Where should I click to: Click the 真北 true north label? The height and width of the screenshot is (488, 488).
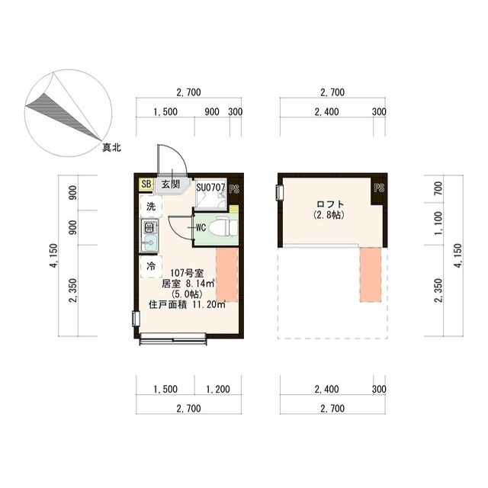pos(112,147)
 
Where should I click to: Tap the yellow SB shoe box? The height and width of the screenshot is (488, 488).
pos(146,184)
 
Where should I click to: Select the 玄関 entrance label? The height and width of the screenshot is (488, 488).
pos(171,185)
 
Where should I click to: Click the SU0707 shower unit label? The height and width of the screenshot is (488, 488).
pos(210,188)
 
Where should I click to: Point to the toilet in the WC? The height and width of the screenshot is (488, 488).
pos(223,228)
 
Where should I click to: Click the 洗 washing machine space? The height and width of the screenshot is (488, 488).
pos(151,207)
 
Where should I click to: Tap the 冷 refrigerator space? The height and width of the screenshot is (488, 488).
pos(151,266)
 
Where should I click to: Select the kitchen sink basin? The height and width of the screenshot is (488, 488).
pos(150,241)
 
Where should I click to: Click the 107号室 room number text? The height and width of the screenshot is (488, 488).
pos(187,273)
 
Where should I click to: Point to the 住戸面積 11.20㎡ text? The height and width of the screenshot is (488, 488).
pos(187,304)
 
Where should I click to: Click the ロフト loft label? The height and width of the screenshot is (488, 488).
pos(330,204)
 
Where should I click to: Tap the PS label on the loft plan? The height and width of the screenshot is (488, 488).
pos(379,188)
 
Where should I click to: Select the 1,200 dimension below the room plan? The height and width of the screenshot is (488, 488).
pos(218,389)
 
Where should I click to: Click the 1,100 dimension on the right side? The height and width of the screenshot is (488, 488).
pos(437,223)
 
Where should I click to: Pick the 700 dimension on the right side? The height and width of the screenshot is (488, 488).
pos(437,188)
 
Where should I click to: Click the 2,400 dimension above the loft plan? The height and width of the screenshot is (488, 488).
pos(326,112)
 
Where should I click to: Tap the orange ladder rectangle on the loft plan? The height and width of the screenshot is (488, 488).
pos(371,274)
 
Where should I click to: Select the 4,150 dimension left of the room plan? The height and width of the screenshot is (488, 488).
pos(53,256)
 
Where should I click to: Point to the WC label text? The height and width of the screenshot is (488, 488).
pos(201,228)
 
